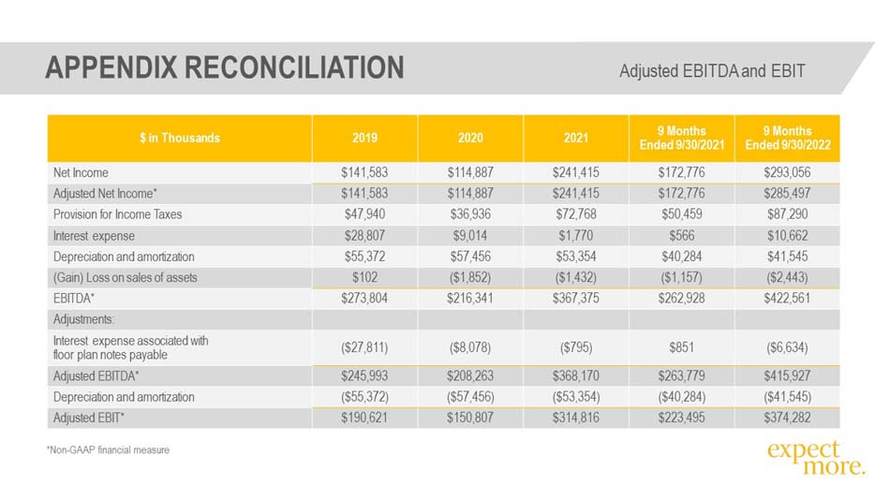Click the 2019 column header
tap(364, 138)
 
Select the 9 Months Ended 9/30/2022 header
tap(787, 138)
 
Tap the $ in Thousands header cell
tap(179, 138)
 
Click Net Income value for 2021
tap(575, 172)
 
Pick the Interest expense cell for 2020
tap(470, 236)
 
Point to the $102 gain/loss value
tap(364, 277)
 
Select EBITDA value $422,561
tap(787, 299)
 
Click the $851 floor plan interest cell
tap(681, 347)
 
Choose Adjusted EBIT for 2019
tap(364, 419)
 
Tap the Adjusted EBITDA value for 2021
tap(575, 376)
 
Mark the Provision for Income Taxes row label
tap(117, 214)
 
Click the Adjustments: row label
tap(83, 319)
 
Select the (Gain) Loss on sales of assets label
tap(126, 277)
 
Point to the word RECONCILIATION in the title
tap(294, 67)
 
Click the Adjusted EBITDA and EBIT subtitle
tap(712, 71)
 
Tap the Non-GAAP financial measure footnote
tap(108, 450)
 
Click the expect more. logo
tap(816, 458)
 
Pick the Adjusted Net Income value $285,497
tap(787, 194)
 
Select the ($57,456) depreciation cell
tap(470, 397)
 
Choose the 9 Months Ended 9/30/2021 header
tap(682, 138)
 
